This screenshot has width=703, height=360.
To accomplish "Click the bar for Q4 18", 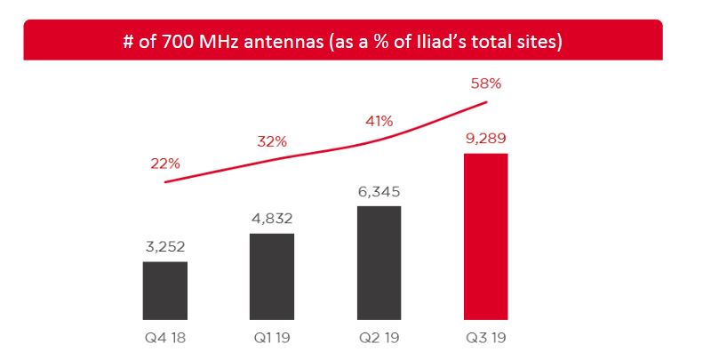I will pyautogui.click(x=164, y=290).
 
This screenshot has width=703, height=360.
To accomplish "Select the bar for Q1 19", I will pyautogui.click(x=272, y=276).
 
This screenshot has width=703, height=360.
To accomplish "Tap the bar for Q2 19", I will pyautogui.click(x=379, y=262).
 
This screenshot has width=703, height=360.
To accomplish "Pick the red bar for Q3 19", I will pyautogui.click(x=485, y=236).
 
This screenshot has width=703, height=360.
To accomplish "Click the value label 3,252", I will pyautogui.click(x=165, y=247).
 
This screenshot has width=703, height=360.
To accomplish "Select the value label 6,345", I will pyautogui.click(x=379, y=192).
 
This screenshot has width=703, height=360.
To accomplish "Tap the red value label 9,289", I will pyautogui.click(x=485, y=139).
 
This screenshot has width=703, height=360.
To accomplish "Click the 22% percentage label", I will pyautogui.click(x=165, y=164).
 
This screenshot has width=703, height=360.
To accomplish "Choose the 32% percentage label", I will pyautogui.click(x=272, y=140).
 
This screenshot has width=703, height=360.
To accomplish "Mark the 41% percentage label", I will pyautogui.click(x=379, y=120).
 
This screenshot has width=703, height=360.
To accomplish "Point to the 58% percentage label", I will pyautogui.click(x=485, y=84).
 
